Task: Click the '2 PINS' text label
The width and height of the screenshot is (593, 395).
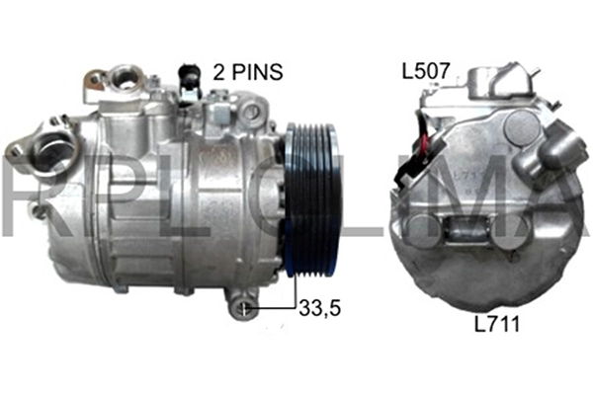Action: click(248, 72)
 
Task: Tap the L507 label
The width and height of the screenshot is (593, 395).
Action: click(426, 71)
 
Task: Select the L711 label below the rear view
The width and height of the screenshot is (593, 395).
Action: click(498, 324)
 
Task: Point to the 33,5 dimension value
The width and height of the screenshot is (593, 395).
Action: click(320, 307)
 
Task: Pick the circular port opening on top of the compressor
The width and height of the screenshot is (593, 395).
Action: click(125, 79)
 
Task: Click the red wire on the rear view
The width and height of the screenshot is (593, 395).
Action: click(425, 145)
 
